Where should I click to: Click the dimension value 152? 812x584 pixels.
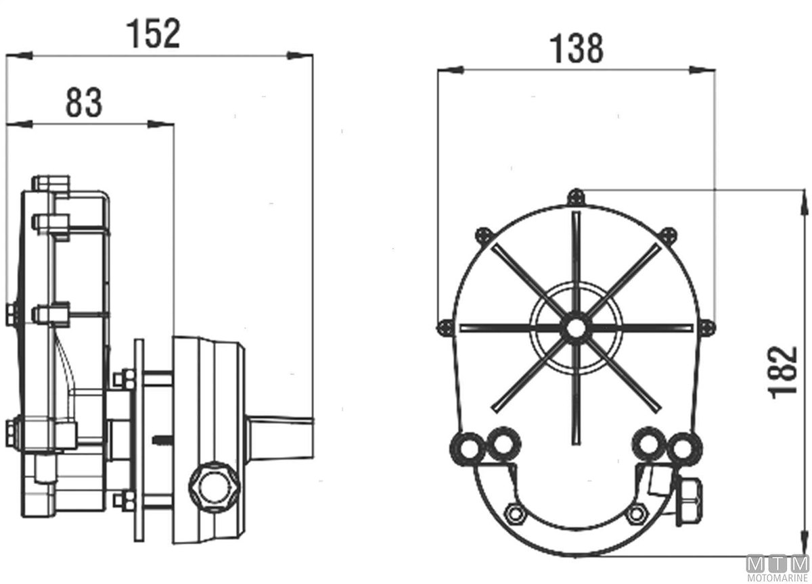click(x=153, y=34)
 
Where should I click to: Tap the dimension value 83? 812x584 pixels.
click(x=84, y=103)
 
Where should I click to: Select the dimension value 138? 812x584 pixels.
click(x=577, y=48)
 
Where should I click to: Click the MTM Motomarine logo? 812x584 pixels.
click(x=778, y=568)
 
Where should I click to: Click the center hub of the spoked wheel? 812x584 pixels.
click(x=575, y=328)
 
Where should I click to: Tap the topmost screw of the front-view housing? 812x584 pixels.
click(x=576, y=197)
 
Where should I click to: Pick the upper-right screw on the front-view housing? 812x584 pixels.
click(x=668, y=236)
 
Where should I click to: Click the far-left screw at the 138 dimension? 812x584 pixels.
click(x=445, y=328)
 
